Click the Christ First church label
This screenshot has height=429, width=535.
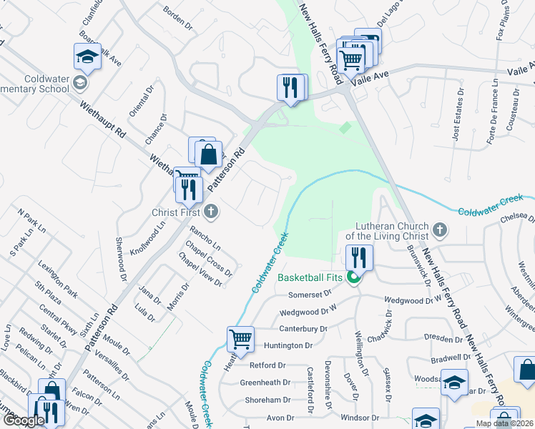(175, 212)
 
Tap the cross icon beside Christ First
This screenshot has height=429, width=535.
(210, 211)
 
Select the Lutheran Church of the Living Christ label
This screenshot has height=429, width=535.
(386, 230)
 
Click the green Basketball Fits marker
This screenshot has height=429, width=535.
(353, 277)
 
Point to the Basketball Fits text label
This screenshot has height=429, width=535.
(310, 277)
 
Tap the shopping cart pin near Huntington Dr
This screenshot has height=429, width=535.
(241, 339)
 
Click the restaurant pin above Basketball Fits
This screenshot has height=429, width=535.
(359, 257)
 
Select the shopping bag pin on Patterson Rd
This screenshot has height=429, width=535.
(208, 155)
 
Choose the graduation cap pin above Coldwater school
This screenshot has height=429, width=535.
(87, 57)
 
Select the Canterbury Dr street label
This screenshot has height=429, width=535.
(303, 328)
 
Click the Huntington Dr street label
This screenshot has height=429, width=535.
(290, 345)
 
